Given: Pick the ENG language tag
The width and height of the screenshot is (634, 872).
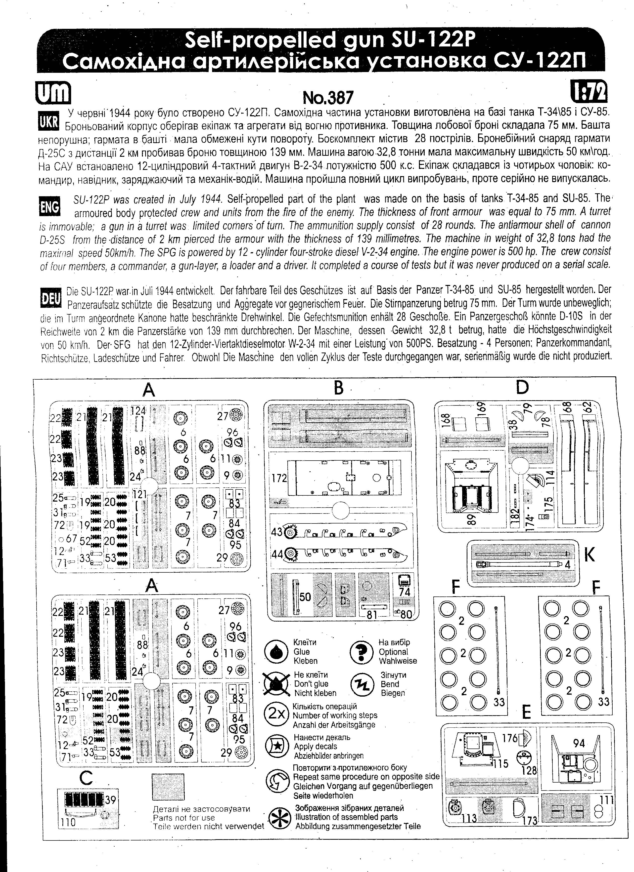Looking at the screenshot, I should (x=50, y=207).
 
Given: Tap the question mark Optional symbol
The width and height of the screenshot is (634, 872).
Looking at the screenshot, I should (x=362, y=652).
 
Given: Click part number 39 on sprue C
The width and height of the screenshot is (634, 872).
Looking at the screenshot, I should (x=110, y=800).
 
